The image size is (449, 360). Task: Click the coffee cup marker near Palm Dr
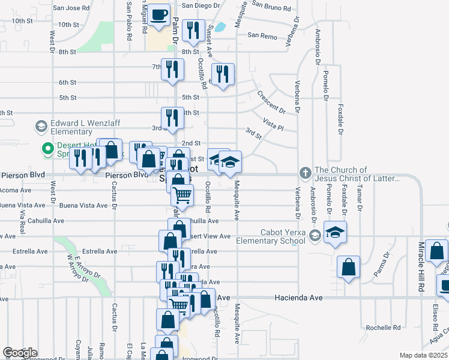159,14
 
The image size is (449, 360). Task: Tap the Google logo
20,353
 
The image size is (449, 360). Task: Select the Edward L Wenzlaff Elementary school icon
41,126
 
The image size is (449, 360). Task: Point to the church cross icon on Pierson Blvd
306,173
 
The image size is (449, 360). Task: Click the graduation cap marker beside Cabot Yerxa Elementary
335,232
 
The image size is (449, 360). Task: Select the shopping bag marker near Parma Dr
348,266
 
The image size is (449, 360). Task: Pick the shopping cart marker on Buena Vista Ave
182,195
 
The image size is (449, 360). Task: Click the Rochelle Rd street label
383,328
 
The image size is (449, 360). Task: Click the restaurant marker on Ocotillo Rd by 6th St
223,74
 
